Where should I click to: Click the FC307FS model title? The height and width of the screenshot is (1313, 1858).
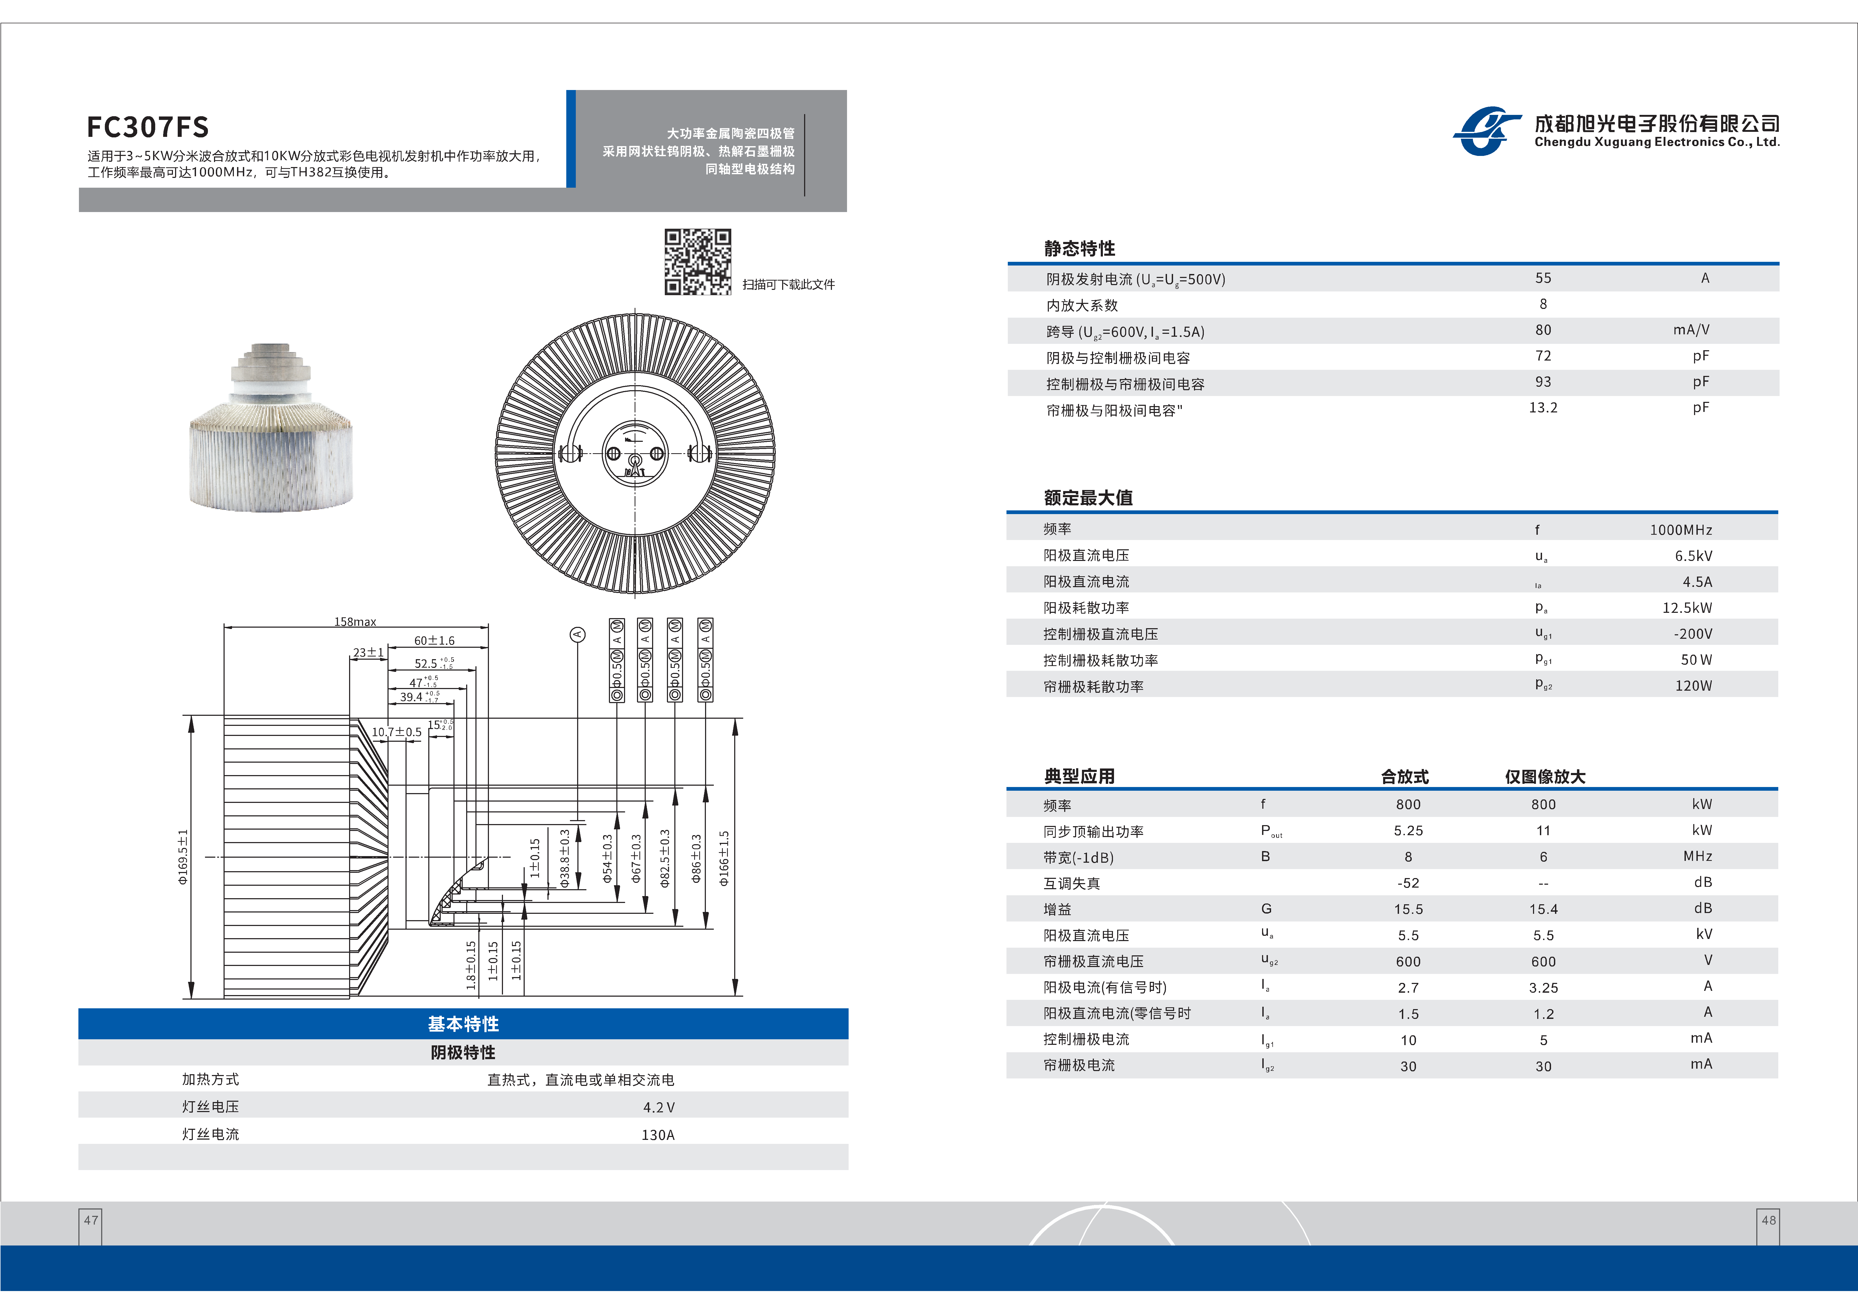pos(148,127)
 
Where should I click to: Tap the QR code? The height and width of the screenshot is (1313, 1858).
pos(698,261)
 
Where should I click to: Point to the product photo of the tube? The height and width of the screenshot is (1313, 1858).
pos(271,429)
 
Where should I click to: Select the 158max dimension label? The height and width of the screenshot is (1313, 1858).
pos(355,621)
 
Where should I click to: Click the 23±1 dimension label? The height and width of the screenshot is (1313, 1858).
pos(368,652)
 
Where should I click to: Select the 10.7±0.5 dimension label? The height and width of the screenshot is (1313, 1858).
pos(396,732)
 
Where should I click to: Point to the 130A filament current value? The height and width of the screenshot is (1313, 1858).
pos(658,1135)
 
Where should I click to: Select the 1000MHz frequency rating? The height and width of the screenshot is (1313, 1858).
pos(1681,530)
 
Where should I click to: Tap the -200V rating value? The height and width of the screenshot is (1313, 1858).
pos(1693,634)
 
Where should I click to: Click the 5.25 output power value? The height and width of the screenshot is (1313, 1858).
pos(1408,831)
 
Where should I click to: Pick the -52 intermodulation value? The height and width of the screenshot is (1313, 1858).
pos(1408,883)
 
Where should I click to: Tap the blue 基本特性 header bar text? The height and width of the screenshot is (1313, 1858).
pos(463,1024)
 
